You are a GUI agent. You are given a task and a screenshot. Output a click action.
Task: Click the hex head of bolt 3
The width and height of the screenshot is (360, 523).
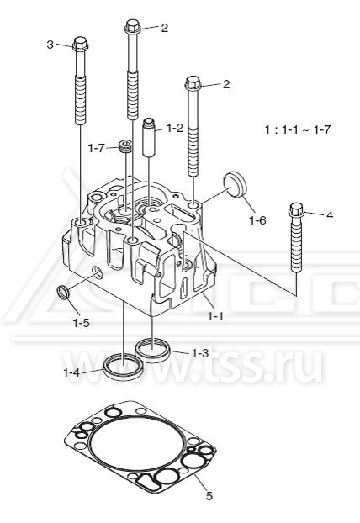80,44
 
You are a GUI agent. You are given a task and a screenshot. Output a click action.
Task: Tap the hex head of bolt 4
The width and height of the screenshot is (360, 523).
296,210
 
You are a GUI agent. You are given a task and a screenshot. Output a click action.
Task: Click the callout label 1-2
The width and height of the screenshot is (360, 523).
174,128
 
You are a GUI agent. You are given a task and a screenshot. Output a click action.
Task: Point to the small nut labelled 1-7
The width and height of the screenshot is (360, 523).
125,146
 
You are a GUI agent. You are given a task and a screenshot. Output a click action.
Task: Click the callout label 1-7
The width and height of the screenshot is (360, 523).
97,148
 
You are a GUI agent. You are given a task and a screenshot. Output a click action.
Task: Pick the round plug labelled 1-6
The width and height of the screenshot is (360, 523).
235,184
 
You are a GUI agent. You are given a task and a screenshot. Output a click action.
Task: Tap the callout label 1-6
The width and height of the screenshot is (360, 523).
258,220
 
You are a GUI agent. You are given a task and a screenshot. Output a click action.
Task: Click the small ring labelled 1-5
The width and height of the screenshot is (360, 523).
64,293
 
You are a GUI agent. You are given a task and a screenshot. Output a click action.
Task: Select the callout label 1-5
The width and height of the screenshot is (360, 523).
82,323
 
